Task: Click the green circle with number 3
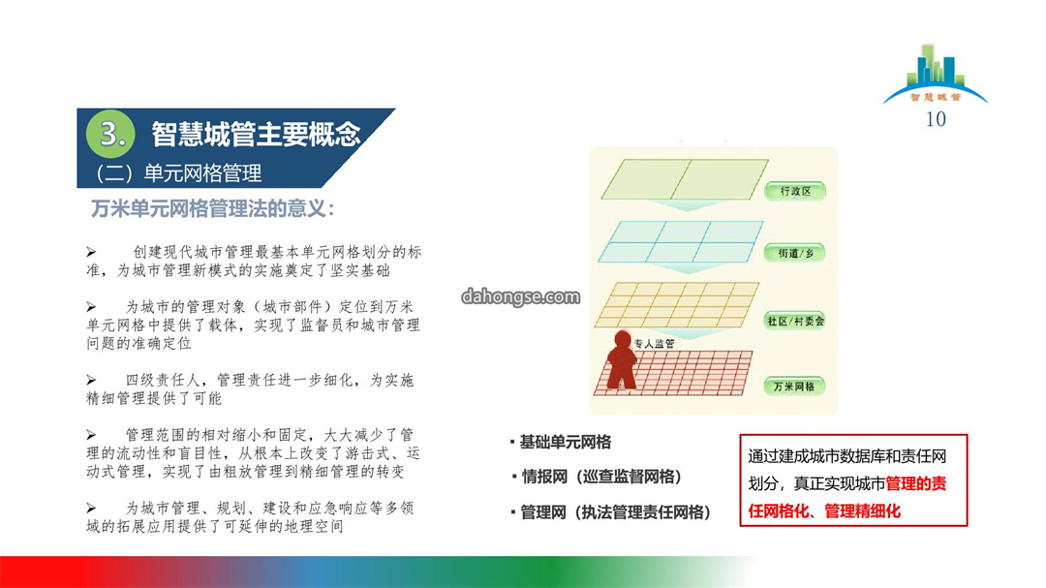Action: click(110, 134)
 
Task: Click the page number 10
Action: click(936, 119)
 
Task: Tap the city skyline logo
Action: click(935, 74)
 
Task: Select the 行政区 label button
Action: click(795, 191)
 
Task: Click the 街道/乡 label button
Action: click(795, 253)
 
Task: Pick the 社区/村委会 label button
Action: click(795, 321)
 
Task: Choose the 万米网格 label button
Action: click(794, 387)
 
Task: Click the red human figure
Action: click(622, 359)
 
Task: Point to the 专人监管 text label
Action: click(654, 344)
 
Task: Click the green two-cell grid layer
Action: click(685, 179)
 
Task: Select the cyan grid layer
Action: click(681, 241)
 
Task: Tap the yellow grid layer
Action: click(676, 305)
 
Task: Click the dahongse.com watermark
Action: click(520, 296)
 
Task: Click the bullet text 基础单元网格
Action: click(565, 442)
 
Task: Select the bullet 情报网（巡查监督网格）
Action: click(601, 477)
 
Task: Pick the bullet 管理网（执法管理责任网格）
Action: click(615, 511)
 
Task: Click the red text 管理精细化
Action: click(863, 511)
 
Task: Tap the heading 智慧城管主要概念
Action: click(256, 134)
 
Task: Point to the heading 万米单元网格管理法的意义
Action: click(213, 209)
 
